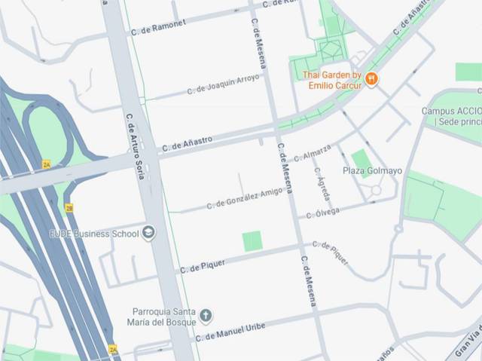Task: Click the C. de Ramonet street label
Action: coord(158,26)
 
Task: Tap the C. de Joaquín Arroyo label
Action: coord(225,84)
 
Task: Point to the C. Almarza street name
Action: coord(313,153)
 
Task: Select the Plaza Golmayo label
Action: coord(372,171)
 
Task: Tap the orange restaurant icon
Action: coord(371,78)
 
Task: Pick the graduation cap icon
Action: coord(148,233)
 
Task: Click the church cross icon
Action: coord(206,315)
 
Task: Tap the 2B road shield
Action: coord(69,208)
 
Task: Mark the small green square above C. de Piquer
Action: coord(252,241)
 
